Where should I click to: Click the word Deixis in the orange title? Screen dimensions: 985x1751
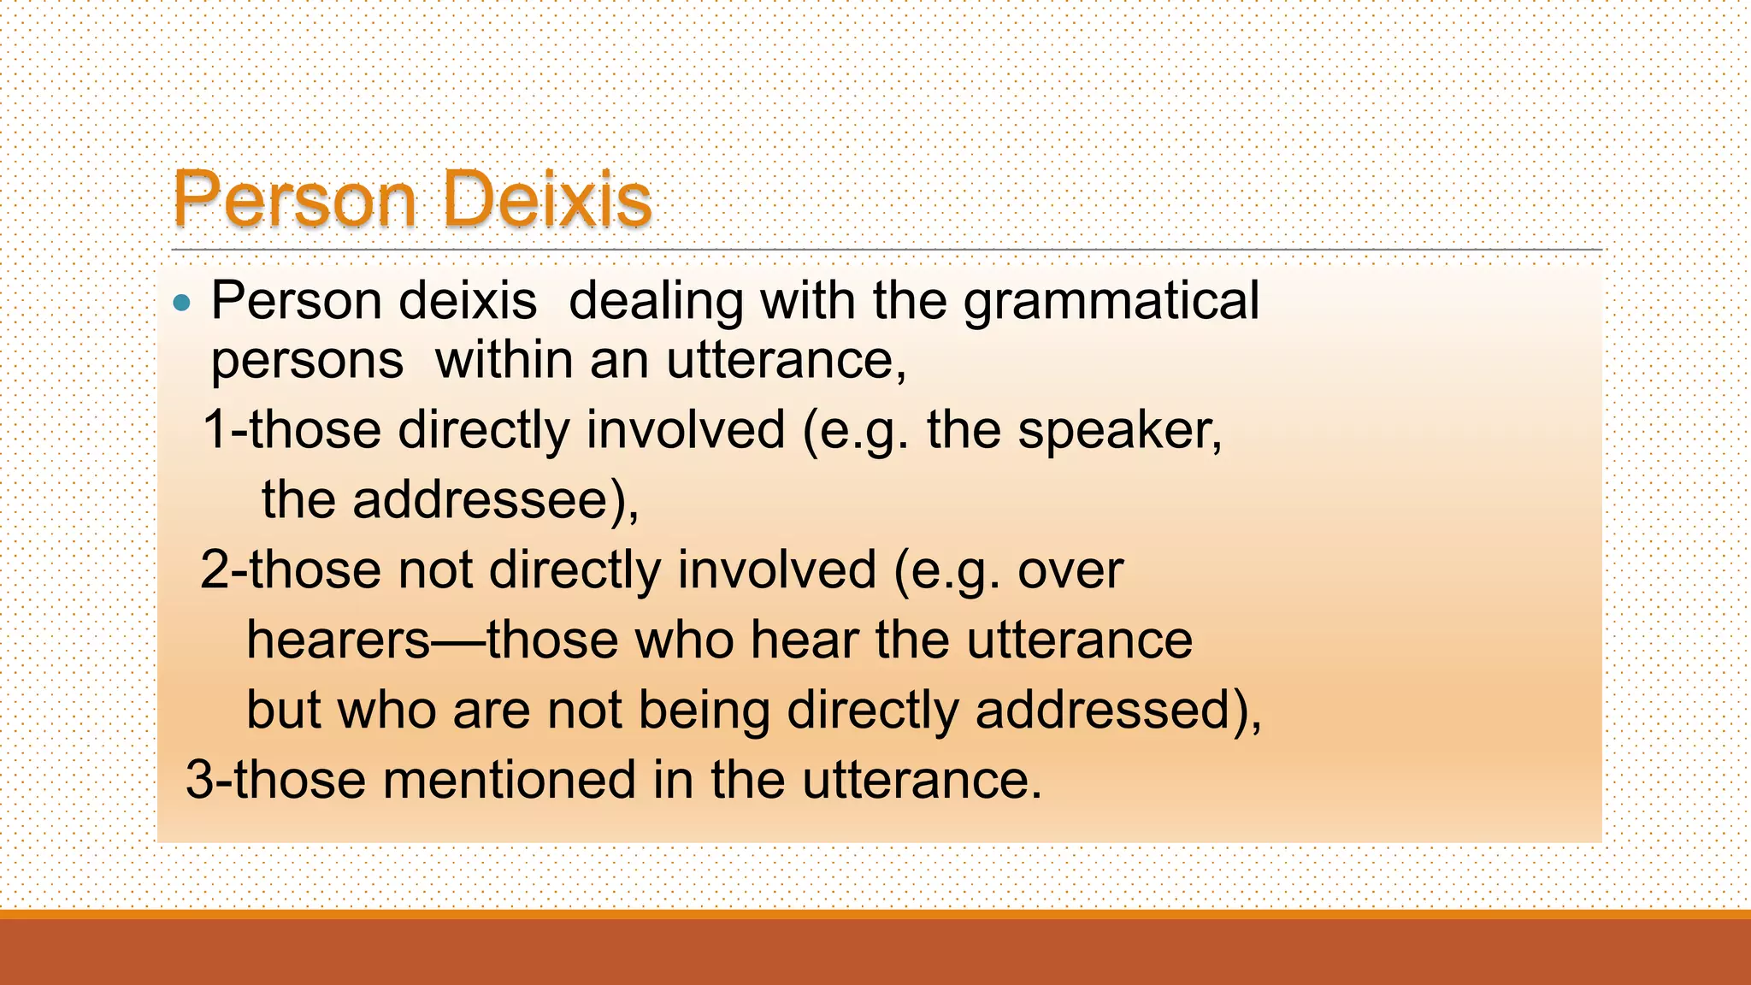click(548, 199)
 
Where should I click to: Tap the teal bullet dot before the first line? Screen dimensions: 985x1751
click(181, 303)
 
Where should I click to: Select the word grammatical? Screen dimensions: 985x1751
click(1111, 302)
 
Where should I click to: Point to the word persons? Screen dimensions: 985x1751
click(307, 362)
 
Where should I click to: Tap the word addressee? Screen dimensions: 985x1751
click(480, 499)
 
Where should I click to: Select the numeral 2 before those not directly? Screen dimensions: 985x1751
click(213, 569)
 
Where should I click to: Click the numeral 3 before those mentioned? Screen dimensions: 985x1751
click(198, 780)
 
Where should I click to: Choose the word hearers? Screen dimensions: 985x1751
click(339, 640)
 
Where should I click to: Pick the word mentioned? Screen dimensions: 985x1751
click(510, 780)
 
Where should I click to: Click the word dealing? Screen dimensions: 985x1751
click(656, 302)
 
